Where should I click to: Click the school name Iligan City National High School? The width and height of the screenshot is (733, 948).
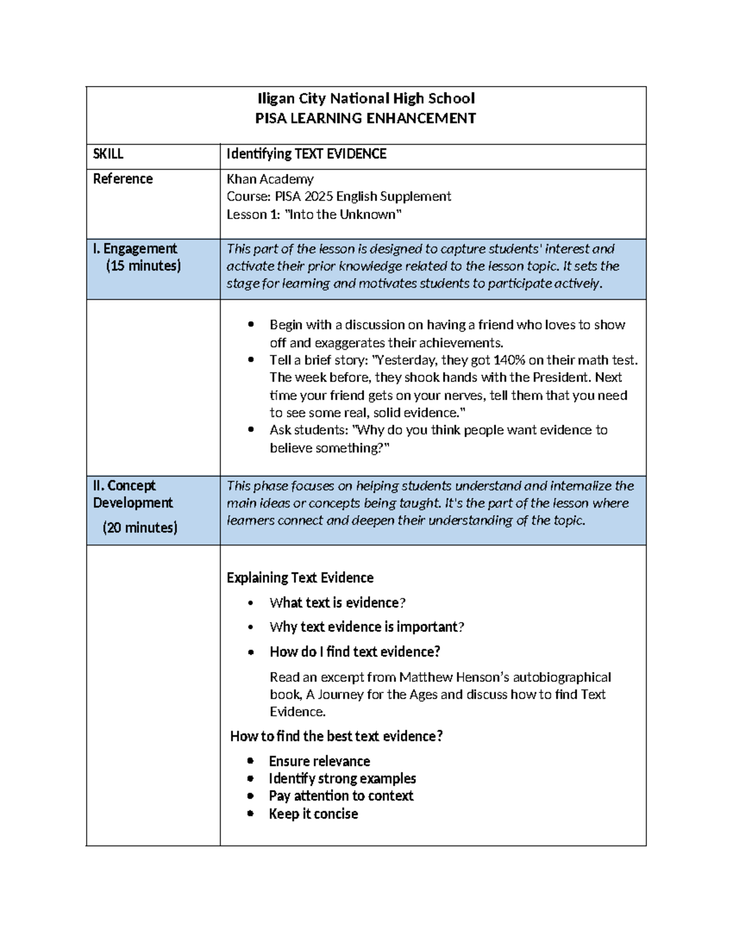pyautogui.click(x=365, y=99)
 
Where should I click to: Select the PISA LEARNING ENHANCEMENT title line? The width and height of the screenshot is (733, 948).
pyautogui.click(x=365, y=118)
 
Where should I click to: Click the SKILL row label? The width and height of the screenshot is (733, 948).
pyautogui.click(x=108, y=154)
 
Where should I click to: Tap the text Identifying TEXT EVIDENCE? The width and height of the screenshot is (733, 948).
pyautogui.click(x=306, y=154)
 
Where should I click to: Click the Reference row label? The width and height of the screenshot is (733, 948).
pyautogui.click(x=123, y=179)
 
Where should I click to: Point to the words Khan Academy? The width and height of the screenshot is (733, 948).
pyautogui.click(x=270, y=179)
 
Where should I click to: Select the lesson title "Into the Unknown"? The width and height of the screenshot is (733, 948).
pyautogui.click(x=344, y=214)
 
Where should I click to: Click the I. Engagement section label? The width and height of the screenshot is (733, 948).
pyautogui.click(x=134, y=248)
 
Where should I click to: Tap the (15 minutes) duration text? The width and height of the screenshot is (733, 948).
pyautogui.click(x=143, y=266)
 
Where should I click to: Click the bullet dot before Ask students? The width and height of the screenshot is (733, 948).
pyautogui.click(x=251, y=430)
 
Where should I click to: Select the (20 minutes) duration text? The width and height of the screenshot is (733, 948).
pyautogui.click(x=140, y=527)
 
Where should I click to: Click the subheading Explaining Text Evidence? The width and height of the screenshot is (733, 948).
pyautogui.click(x=300, y=577)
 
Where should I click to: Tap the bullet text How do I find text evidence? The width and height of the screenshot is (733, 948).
pyautogui.click(x=354, y=652)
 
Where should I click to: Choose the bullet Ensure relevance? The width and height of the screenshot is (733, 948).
pyautogui.click(x=319, y=761)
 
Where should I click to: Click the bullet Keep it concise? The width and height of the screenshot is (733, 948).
pyautogui.click(x=313, y=814)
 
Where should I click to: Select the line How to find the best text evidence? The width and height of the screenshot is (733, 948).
pyautogui.click(x=336, y=736)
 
